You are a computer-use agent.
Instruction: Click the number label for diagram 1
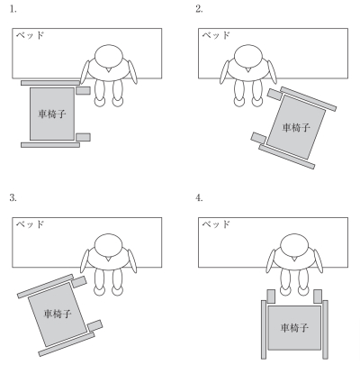pos(13,9)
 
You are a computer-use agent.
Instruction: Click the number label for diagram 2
pos(199,9)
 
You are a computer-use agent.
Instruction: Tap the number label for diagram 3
pos(13,198)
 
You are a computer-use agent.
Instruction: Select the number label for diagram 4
pos(199,198)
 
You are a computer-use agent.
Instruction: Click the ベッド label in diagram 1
pos(30,35)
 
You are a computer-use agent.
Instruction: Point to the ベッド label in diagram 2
pos(216,35)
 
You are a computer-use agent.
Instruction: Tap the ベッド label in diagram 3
pos(30,224)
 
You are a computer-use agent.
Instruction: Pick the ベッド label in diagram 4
pos(216,224)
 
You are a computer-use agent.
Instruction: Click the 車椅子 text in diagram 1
pos(52,114)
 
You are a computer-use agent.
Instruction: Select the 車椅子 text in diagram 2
pos(296,128)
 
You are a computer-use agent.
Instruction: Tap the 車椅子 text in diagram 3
pos(58,315)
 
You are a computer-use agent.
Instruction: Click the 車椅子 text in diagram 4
pos(294,328)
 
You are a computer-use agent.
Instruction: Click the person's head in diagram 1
pos(109,57)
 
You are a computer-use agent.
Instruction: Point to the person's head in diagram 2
pos(248,57)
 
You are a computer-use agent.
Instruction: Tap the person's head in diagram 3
pos(109,246)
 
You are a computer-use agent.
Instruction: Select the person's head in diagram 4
pos(294,246)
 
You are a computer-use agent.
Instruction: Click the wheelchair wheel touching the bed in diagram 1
pos(50,83)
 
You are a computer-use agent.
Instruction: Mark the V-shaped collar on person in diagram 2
pos(247,70)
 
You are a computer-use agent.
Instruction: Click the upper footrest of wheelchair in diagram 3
pos(79,282)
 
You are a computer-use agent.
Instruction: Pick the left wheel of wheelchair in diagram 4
pos(264,330)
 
